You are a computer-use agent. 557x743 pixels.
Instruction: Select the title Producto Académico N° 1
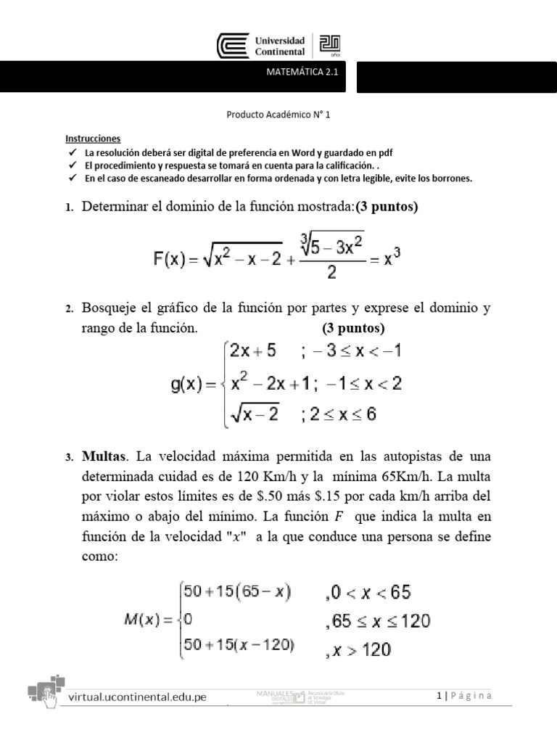click(278, 115)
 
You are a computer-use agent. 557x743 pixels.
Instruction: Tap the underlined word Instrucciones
click(93, 139)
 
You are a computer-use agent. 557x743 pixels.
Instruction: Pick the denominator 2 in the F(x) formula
click(331, 273)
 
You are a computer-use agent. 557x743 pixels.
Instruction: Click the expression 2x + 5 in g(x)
click(252, 352)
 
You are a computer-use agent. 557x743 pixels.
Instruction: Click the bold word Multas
click(104, 457)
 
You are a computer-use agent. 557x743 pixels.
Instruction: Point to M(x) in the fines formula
click(142, 621)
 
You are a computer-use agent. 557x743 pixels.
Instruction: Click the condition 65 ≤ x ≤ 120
click(377, 621)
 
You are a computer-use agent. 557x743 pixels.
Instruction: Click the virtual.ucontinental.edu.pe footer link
click(137, 697)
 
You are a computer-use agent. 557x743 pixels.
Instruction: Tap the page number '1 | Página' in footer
click(464, 696)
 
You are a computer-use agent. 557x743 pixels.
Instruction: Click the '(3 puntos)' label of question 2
click(353, 327)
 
